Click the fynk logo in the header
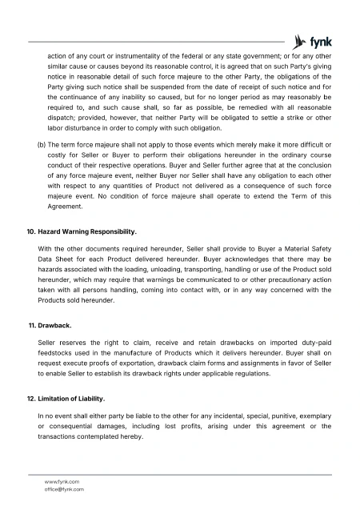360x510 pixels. click(313, 42)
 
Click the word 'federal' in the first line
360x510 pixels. click(186, 58)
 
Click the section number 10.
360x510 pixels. click(31, 231)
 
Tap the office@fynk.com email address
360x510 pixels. click(65, 488)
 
